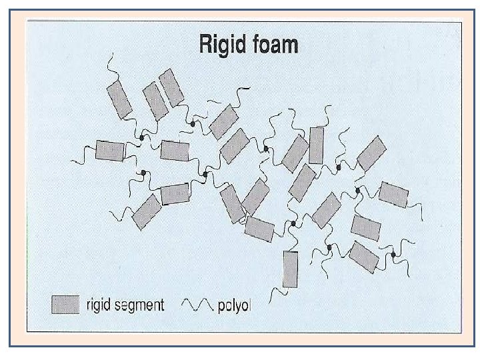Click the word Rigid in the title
223,45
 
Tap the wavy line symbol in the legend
197,305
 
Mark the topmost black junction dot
192,124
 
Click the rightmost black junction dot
393,254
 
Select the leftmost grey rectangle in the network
110,150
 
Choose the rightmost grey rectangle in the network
393,194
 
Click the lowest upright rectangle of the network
291,269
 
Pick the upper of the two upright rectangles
316,145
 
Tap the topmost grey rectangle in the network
171,87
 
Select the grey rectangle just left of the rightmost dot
363,257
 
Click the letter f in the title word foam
252,45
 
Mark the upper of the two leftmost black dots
142,137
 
